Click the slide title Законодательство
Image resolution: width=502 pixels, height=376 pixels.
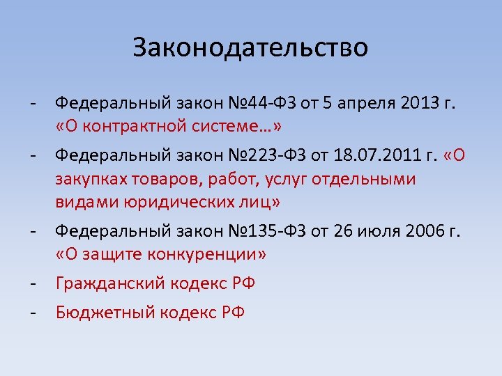click(x=250, y=47)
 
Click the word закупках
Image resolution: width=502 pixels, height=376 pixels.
click(x=86, y=179)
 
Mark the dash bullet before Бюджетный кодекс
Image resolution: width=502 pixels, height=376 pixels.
click(x=33, y=311)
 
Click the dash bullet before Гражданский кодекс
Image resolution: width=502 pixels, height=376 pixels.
click(x=33, y=283)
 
